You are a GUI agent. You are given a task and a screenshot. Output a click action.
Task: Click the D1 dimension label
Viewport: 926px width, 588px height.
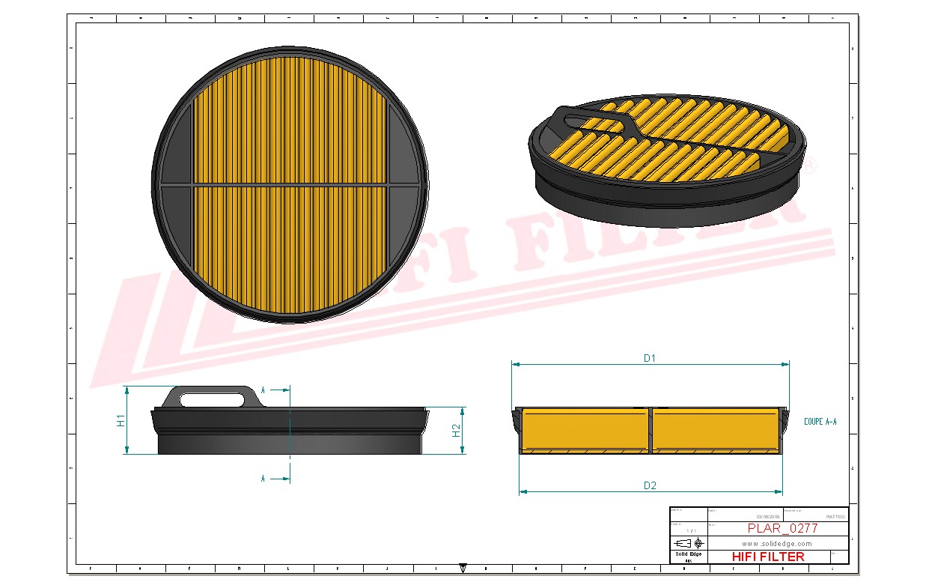649,358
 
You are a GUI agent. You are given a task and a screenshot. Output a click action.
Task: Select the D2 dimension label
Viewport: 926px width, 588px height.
650,485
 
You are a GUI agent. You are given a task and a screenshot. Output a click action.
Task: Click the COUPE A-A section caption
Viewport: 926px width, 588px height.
820,422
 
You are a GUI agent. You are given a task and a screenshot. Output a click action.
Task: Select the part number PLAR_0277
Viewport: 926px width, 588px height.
782,528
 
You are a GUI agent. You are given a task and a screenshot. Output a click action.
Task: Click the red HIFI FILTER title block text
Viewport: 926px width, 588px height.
768,557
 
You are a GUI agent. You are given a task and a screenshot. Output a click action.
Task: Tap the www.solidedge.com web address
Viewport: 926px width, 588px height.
777,543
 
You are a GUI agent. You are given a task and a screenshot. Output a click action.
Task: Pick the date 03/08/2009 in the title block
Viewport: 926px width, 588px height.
767,516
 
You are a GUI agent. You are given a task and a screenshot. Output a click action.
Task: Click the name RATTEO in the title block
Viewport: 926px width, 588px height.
835,516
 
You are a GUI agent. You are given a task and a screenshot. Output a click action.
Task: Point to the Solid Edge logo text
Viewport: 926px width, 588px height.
688,554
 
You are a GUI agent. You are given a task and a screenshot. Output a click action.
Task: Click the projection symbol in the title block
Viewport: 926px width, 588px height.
689,543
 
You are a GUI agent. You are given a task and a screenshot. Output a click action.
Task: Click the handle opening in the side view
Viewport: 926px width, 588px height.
216,399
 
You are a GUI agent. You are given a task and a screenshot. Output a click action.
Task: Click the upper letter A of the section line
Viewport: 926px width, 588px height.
264,390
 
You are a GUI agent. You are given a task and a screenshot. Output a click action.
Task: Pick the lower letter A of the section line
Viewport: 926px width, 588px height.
264,478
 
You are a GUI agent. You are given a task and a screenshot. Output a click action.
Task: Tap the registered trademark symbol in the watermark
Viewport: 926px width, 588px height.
809,165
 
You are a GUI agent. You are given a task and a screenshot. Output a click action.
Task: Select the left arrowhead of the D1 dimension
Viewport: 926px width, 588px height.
516,365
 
